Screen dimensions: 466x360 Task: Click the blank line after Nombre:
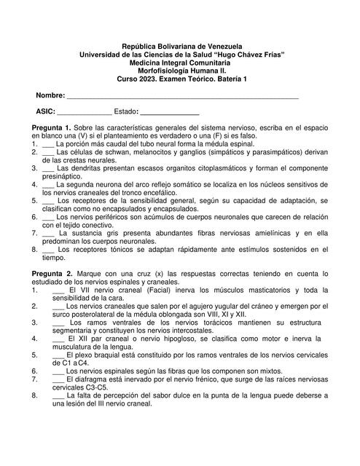(x=182, y=96)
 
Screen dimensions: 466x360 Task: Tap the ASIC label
(x=45, y=112)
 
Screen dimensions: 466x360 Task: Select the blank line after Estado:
(x=169, y=112)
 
